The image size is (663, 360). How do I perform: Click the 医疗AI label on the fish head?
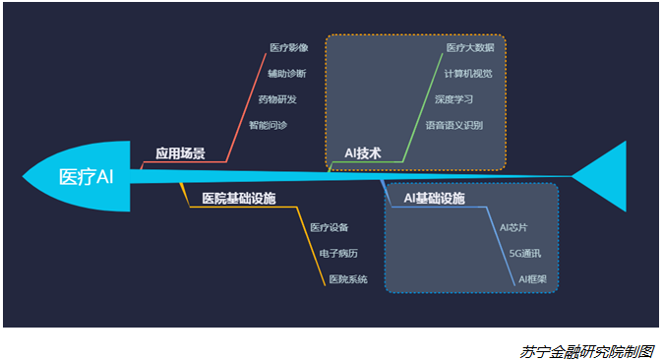click(x=87, y=177)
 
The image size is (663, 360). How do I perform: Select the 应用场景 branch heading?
click(x=180, y=153)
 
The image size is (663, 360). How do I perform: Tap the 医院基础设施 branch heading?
click(x=238, y=199)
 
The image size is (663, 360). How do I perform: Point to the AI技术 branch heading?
click(x=362, y=153)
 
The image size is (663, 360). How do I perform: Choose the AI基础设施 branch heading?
click(x=434, y=199)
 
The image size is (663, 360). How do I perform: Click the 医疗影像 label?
click(x=289, y=47)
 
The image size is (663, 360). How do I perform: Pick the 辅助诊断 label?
click(x=286, y=74)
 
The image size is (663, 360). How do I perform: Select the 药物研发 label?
click(x=276, y=99)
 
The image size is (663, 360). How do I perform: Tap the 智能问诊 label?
click(x=268, y=125)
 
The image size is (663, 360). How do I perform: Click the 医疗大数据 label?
click(x=469, y=47)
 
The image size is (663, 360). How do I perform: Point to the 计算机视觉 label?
click(x=467, y=74)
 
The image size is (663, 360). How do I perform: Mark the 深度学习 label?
click(x=454, y=99)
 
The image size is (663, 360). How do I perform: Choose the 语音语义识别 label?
click(x=453, y=125)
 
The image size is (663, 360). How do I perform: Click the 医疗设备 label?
click(x=330, y=228)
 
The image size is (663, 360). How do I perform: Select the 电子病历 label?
click(x=338, y=254)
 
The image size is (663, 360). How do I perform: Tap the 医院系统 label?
click(x=348, y=279)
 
